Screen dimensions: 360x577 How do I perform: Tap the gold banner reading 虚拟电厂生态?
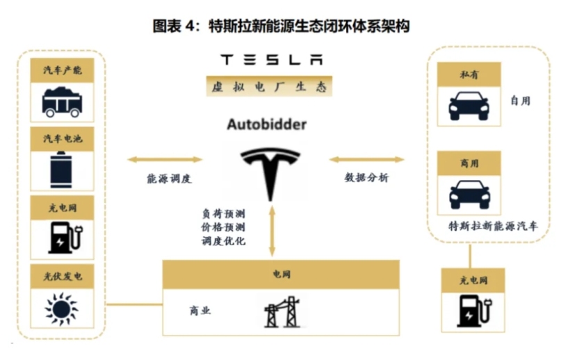coord(271,86)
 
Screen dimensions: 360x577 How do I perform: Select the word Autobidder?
coord(267,125)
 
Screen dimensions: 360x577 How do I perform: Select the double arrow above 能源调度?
coord(164,160)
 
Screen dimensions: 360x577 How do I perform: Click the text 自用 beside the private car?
coord(520,101)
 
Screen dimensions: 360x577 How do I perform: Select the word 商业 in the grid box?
coord(200,311)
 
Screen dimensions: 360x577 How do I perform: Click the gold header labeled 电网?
coord(281,275)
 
